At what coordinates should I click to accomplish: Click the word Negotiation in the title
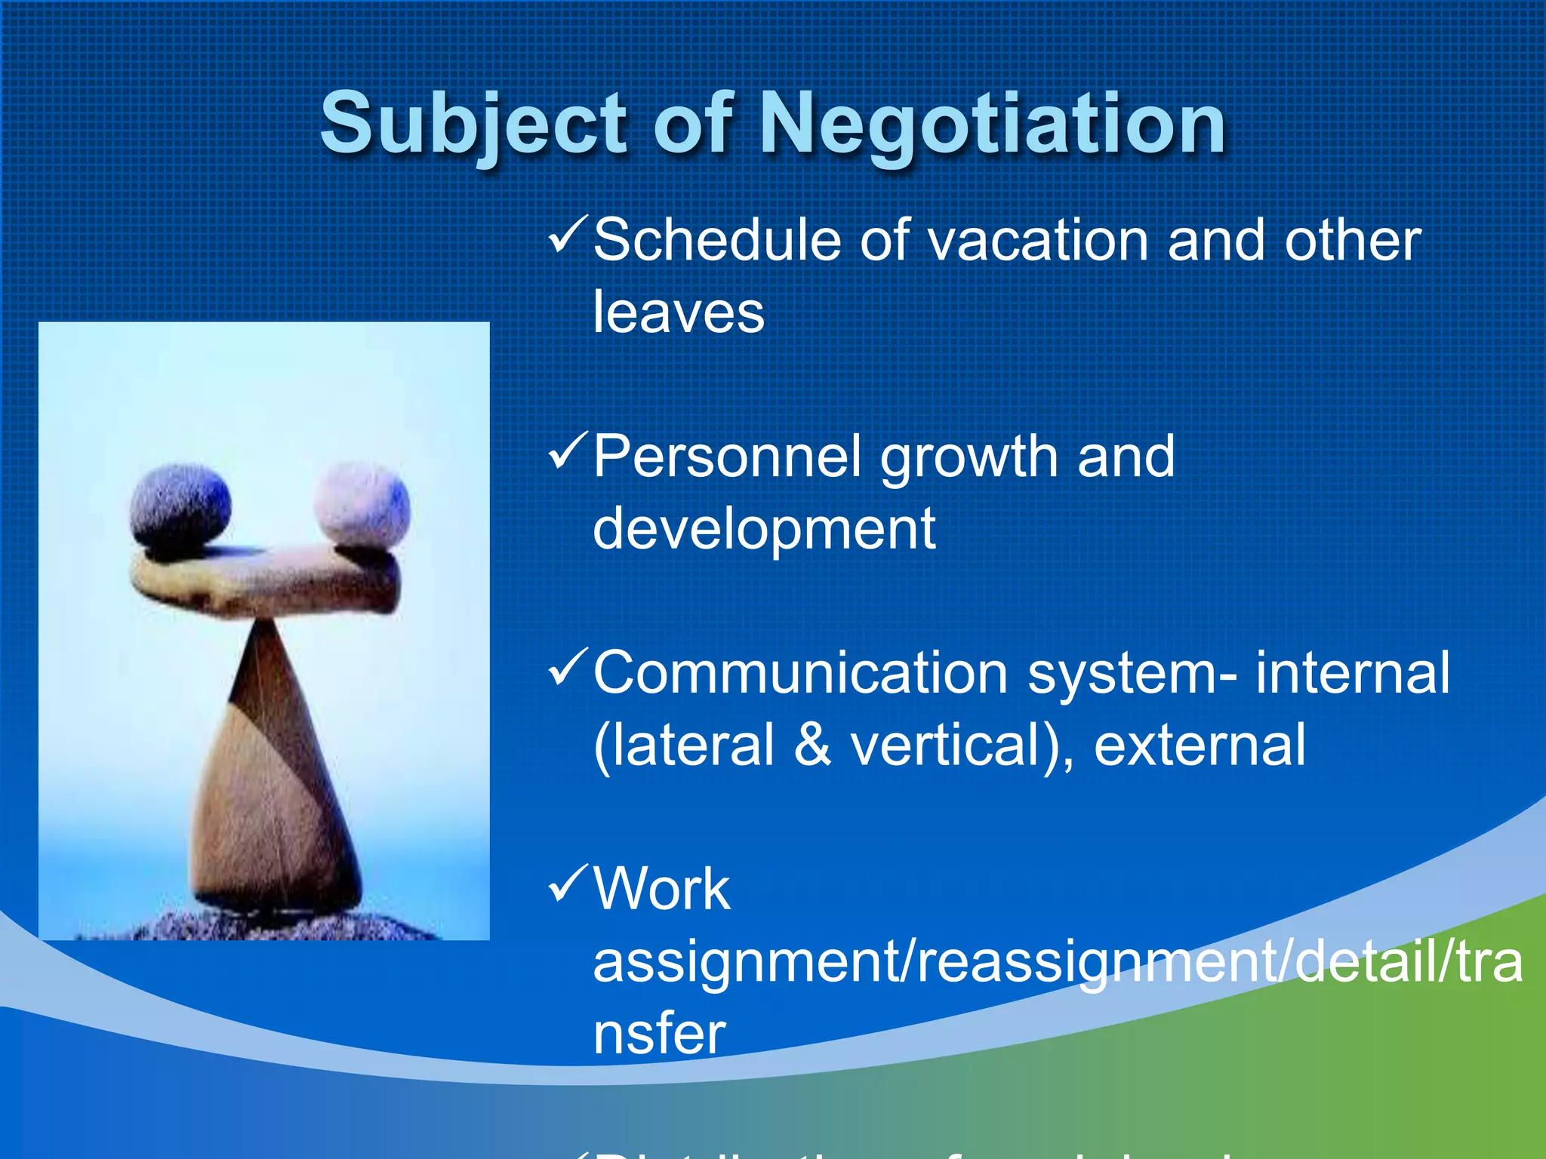991,123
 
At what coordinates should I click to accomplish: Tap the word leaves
679,312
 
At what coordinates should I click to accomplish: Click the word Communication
800,673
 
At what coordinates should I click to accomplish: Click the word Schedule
716,241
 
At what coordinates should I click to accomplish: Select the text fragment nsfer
659,1034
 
